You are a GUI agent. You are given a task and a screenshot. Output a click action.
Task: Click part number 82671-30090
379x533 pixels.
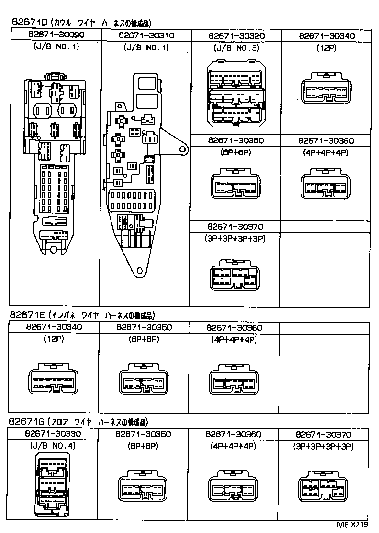56,35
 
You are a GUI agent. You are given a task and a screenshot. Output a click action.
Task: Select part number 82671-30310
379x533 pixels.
145,35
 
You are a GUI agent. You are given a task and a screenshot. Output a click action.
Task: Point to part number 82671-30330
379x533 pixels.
53,435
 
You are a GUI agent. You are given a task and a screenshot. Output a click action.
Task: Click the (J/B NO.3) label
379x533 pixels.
235,48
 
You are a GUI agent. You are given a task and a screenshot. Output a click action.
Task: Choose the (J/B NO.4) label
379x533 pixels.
53,446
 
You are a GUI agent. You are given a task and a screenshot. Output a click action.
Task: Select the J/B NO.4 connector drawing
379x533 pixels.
53,484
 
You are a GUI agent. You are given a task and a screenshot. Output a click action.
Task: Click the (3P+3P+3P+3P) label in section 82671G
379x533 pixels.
323,446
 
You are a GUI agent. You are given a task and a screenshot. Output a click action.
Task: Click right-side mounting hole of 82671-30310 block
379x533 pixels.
182,150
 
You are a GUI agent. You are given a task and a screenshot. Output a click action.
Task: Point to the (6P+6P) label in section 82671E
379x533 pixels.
144,339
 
